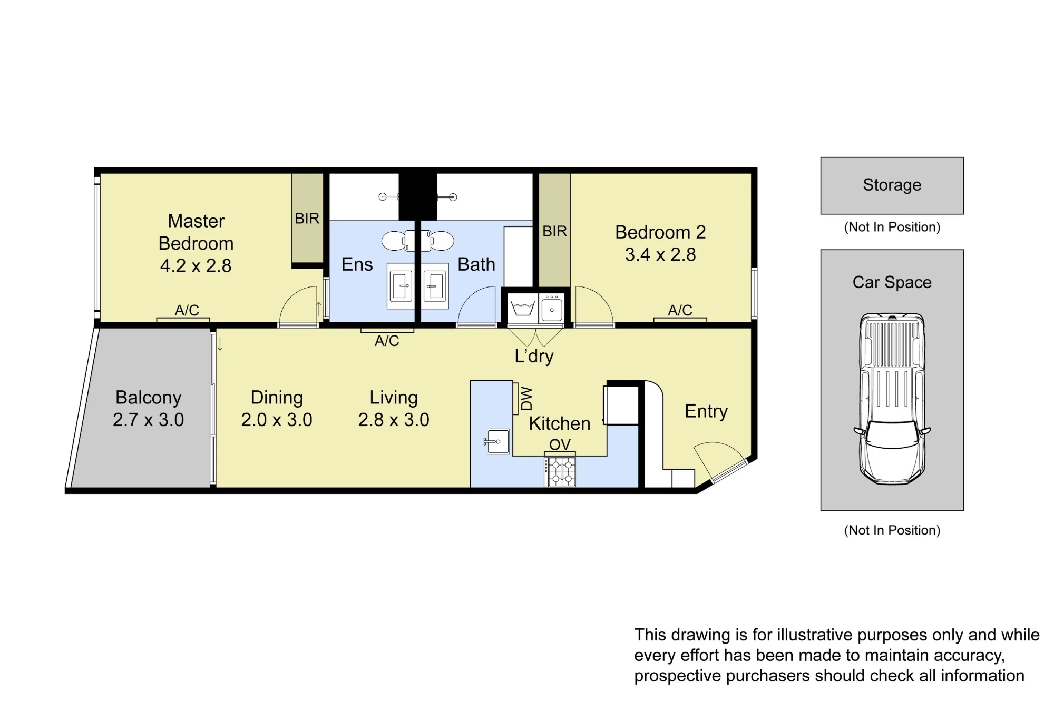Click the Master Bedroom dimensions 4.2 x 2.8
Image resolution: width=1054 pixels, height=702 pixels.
point(196,266)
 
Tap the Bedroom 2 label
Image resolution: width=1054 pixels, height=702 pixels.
point(660,232)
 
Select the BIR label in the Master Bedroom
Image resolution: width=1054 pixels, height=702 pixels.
point(307,219)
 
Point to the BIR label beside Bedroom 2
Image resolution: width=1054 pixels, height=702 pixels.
point(555,231)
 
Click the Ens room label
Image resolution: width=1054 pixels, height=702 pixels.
point(357,264)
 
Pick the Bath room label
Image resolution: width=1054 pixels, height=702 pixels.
point(476,264)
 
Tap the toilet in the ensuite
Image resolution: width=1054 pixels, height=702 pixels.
point(398,241)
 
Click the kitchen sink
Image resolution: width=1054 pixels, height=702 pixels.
point(496,441)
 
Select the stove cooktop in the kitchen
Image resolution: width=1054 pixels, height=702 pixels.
point(560,471)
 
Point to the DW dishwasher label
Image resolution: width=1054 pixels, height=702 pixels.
point(526,399)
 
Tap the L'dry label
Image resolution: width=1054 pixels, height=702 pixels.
point(534,357)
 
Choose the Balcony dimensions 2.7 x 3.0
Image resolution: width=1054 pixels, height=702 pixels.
point(149,420)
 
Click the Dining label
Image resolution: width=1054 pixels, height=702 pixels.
point(277,398)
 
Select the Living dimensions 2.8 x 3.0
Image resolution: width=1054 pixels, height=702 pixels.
point(394,420)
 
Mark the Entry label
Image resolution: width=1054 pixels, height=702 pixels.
point(706,411)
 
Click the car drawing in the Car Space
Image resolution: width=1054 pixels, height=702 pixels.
point(892,399)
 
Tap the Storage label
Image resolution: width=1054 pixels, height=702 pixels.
point(892,185)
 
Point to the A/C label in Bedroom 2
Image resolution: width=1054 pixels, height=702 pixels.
point(680,311)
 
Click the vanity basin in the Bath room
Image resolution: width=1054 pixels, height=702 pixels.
point(435,286)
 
